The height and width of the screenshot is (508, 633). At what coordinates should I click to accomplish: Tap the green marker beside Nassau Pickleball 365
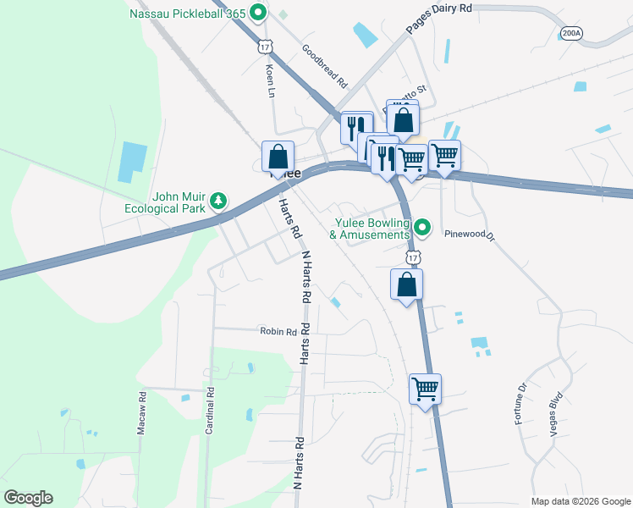tap(259, 13)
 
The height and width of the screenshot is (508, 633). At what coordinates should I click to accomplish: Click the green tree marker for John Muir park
tap(219, 200)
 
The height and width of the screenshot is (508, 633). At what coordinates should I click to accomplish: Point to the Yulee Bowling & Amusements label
tap(370, 228)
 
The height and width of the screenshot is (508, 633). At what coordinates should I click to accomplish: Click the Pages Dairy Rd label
tap(438, 18)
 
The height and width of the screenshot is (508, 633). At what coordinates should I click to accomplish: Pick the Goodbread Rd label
tap(324, 67)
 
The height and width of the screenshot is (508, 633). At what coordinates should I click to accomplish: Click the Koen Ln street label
tap(271, 80)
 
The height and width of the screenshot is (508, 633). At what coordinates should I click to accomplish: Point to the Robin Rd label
tap(278, 333)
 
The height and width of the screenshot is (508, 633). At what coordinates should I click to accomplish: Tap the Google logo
tap(28, 498)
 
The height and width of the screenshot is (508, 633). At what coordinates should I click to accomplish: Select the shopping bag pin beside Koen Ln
tap(278, 157)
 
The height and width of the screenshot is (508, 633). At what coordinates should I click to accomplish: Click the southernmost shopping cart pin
tap(425, 390)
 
